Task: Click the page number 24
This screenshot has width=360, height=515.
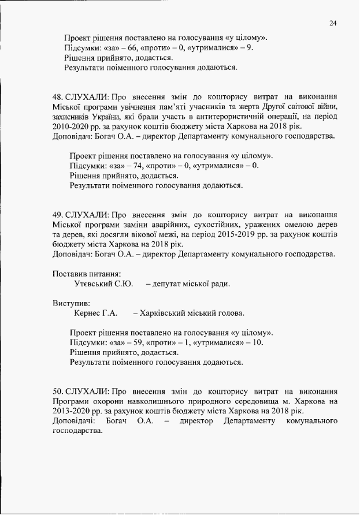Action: coord(333,23)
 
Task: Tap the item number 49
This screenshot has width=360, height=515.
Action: coord(57,214)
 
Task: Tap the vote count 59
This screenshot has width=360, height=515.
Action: coord(139,342)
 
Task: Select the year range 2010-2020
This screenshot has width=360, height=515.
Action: coord(68,126)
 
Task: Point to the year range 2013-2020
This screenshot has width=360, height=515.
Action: coord(68,411)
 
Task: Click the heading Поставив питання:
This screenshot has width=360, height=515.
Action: coord(87,273)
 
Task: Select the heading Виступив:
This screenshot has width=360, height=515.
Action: coord(71,303)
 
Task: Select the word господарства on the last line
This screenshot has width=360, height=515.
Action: coord(73,432)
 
